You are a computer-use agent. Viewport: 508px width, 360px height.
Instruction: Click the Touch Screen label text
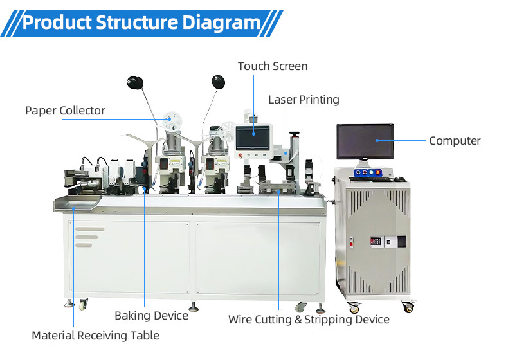coord(273,66)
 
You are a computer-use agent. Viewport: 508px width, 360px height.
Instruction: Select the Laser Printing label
coord(304,100)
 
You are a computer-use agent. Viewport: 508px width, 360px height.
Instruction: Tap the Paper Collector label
coord(65,111)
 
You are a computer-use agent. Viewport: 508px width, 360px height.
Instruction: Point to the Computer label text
coord(455,141)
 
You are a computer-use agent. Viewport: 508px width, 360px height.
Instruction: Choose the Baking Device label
coord(151,316)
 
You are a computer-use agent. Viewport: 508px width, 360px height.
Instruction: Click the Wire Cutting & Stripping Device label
coord(309,319)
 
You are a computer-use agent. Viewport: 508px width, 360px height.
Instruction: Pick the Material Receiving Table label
coord(96,336)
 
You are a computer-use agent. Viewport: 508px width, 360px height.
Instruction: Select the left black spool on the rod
coord(136,82)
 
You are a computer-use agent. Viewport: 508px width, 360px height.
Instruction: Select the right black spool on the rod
coord(219,82)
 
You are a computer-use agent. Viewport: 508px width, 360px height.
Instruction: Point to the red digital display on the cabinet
coord(376,241)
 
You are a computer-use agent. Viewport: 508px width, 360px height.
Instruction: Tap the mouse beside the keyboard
coord(399,178)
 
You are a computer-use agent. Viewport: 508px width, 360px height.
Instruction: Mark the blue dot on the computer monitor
coord(377,140)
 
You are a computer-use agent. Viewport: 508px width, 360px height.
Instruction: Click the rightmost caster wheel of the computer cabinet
coord(407,307)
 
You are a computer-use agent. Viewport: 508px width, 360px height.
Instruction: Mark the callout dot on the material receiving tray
coord(73,206)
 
